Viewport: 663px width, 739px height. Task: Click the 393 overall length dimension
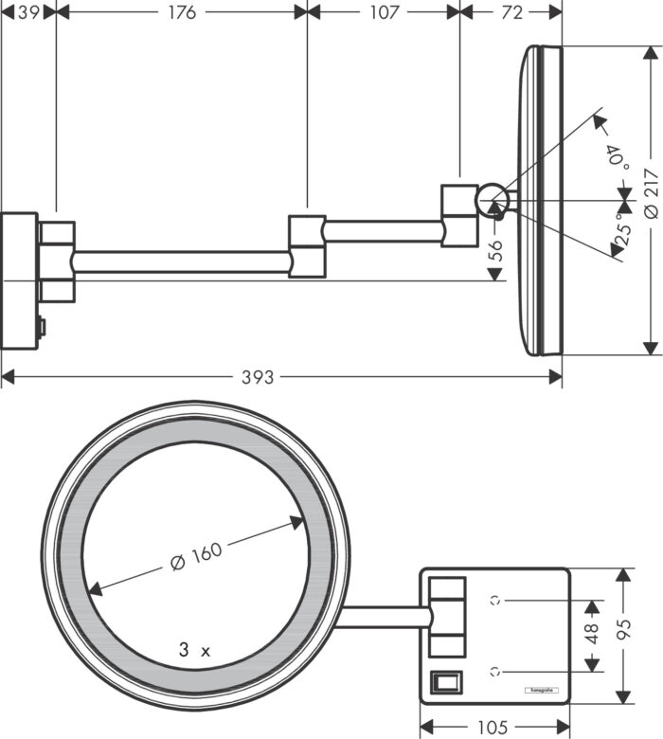click(x=257, y=377)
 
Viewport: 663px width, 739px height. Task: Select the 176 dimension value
click(x=181, y=12)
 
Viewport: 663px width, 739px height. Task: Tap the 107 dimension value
click(x=385, y=12)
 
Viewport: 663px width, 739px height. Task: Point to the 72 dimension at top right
click(x=511, y=12)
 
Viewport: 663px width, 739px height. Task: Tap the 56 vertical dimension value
click(x=495, y=250)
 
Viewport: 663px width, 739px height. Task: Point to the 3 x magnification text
click(x=194, y=651)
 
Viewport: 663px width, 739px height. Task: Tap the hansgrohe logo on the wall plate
click(x=542, y=690)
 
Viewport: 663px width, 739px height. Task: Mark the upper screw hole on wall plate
click(x=494, y=599)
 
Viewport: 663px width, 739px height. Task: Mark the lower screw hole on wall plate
click(x=494, y=671)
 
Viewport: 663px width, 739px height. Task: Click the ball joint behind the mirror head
click(x=490, y=200)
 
